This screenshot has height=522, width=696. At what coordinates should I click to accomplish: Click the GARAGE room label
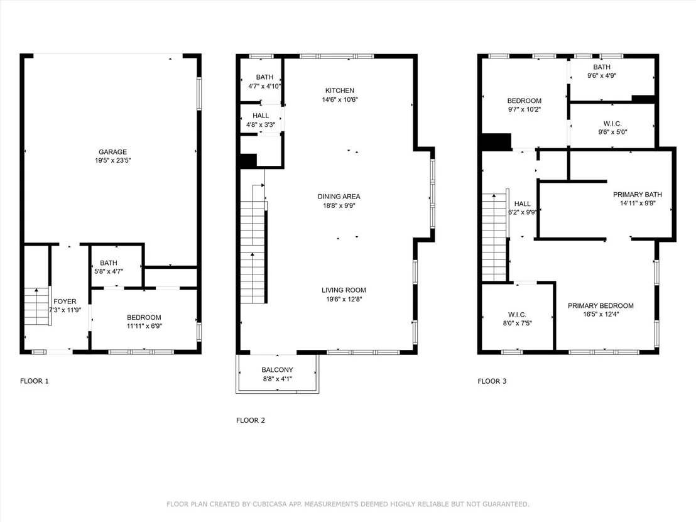[112, 152]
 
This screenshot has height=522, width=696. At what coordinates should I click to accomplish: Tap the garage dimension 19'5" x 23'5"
[112, 160]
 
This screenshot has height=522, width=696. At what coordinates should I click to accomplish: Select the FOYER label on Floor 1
[65, 302]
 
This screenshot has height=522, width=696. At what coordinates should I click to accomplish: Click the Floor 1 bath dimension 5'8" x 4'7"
[109, 271]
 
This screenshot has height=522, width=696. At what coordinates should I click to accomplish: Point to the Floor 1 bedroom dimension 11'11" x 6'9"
[144, 326]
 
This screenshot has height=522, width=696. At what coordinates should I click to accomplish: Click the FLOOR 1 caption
[34, 381]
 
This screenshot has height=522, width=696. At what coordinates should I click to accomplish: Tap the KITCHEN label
[340, 90]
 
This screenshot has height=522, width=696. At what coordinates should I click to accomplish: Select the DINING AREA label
[339, 196]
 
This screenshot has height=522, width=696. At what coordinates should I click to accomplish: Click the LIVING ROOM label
[344, 290]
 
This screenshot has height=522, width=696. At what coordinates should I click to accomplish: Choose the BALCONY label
[278, 370]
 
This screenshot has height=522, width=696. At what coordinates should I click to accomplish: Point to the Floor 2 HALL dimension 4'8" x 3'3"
[261, 125]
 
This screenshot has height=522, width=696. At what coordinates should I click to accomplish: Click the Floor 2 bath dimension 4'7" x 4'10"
[264, 86]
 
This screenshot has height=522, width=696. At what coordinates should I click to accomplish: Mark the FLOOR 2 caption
[251, 420]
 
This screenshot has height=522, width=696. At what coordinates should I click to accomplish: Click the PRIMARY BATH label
[638, 195]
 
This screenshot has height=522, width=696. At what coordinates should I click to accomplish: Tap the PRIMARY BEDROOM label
[601, 306]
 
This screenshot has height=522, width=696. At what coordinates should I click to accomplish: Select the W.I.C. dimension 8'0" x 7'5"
[517, 323]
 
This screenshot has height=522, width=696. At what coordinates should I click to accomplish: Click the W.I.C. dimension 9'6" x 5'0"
[612, 132]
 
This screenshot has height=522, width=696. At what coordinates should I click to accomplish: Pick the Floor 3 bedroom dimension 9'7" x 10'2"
[525, 109]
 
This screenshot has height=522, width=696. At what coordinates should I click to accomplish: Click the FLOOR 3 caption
[492, 381]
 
